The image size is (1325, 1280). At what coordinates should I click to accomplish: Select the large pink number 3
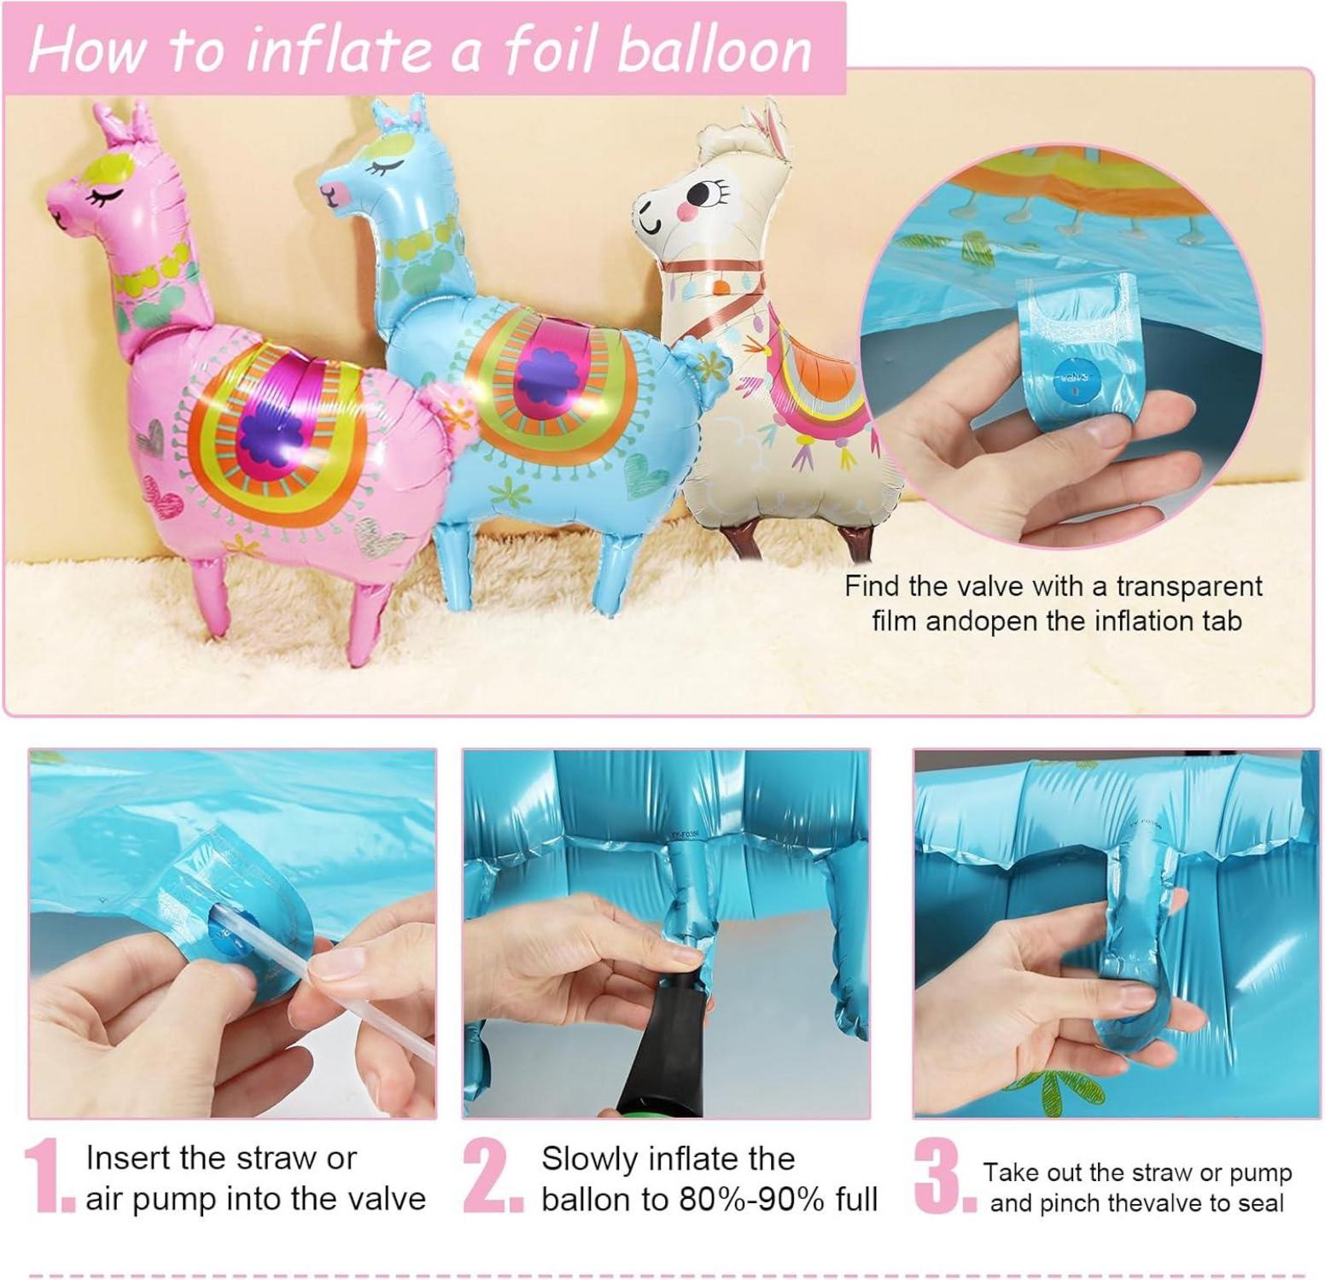(x=944, y=1175)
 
